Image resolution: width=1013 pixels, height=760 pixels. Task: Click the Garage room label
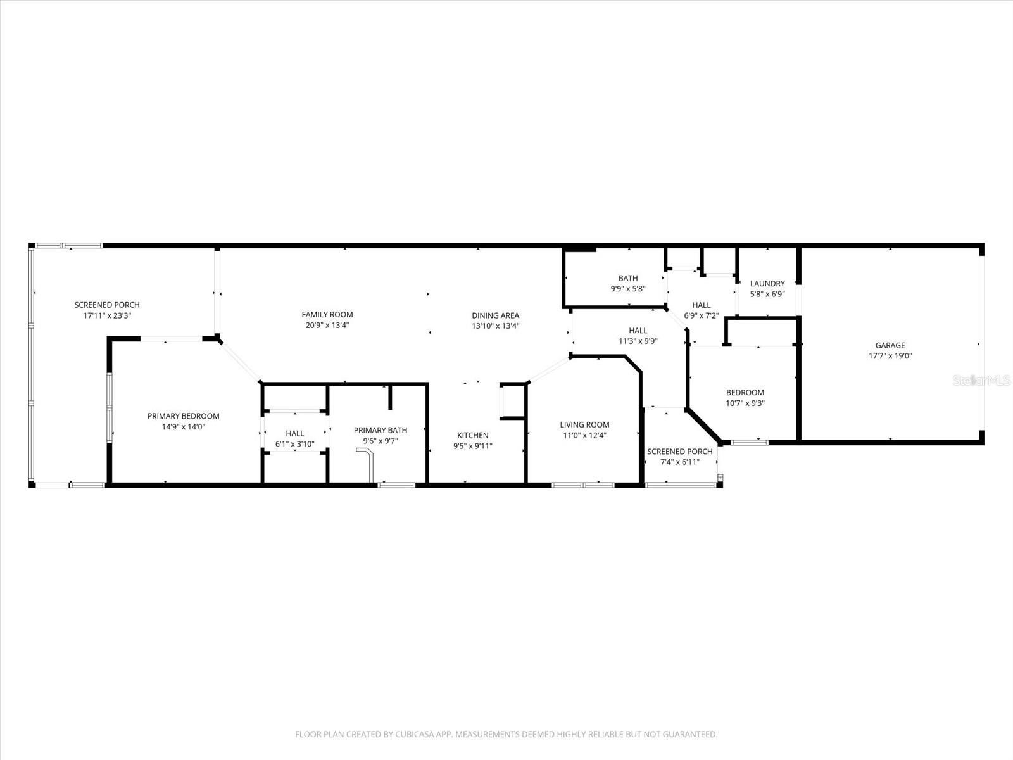tap(890, 345)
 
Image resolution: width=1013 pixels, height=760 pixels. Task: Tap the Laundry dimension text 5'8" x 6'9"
tap(767, 294)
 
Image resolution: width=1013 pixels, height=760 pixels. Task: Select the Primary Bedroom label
tap(183, 416)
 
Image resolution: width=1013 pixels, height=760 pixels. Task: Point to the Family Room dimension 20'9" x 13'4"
tap(327, 326)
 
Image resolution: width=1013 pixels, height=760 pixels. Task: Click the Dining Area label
tap(495, 315)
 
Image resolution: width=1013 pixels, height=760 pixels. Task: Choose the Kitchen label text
tap(473, 435)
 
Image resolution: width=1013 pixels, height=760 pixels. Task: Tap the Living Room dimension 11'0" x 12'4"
tap(584, 435)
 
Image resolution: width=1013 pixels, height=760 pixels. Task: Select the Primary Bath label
tap(380, 430)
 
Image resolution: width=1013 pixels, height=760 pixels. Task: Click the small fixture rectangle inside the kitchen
tap(511, 401)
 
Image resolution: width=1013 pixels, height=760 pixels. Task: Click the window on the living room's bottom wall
tap(583, 485)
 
